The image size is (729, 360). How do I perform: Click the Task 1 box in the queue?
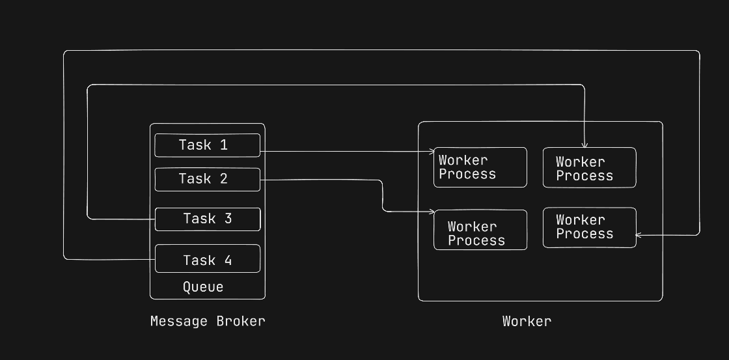coord(207,145)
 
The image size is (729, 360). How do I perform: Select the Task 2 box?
coord(207,179)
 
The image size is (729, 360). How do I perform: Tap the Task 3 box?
coord(207,219)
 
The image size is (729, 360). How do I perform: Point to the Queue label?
coord(203,287)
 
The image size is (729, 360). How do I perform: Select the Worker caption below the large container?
coord(527,321)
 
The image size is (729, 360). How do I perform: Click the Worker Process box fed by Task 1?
coord(480,167)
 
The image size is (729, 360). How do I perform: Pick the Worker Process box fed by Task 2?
coord(480,230)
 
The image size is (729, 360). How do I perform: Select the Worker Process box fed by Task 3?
coord(589,167)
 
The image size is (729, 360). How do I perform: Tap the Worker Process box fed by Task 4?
coord(589,227)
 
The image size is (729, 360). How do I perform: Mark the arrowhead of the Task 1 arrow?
coord(432,152)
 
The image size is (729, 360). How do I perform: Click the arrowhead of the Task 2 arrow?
coord(432,212)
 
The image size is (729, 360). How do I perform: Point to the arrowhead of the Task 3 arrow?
coord(585,145)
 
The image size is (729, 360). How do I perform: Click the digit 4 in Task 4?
coord(228,260)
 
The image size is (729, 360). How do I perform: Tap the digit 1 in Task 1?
coord(224,145)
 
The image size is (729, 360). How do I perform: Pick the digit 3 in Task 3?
coord(228,219)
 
